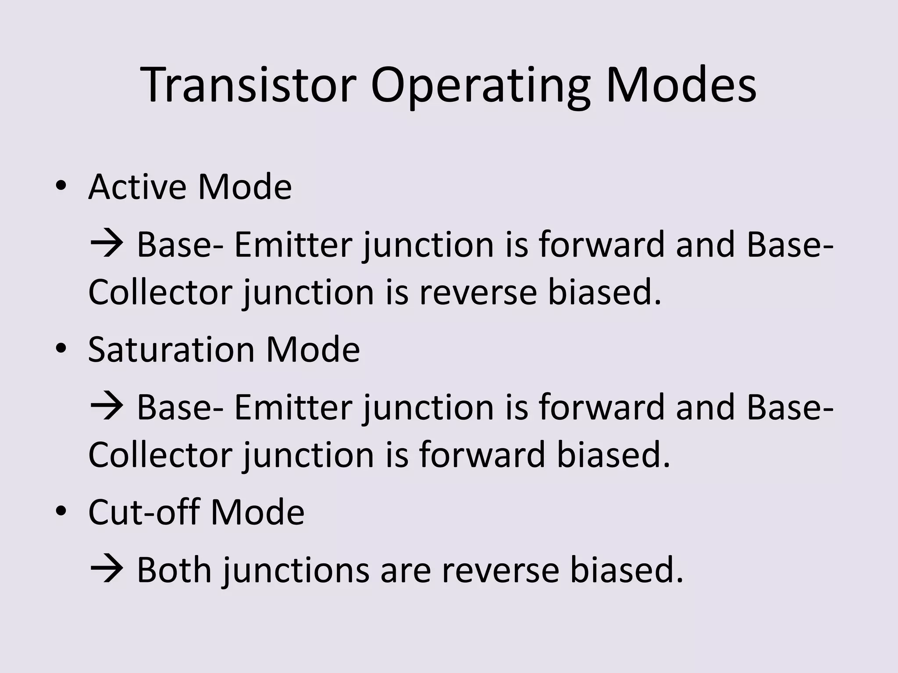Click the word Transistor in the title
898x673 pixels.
point(248,85)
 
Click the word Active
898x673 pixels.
point(136,187)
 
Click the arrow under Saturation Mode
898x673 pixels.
point(107,407)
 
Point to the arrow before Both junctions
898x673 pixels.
point(107,570)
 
